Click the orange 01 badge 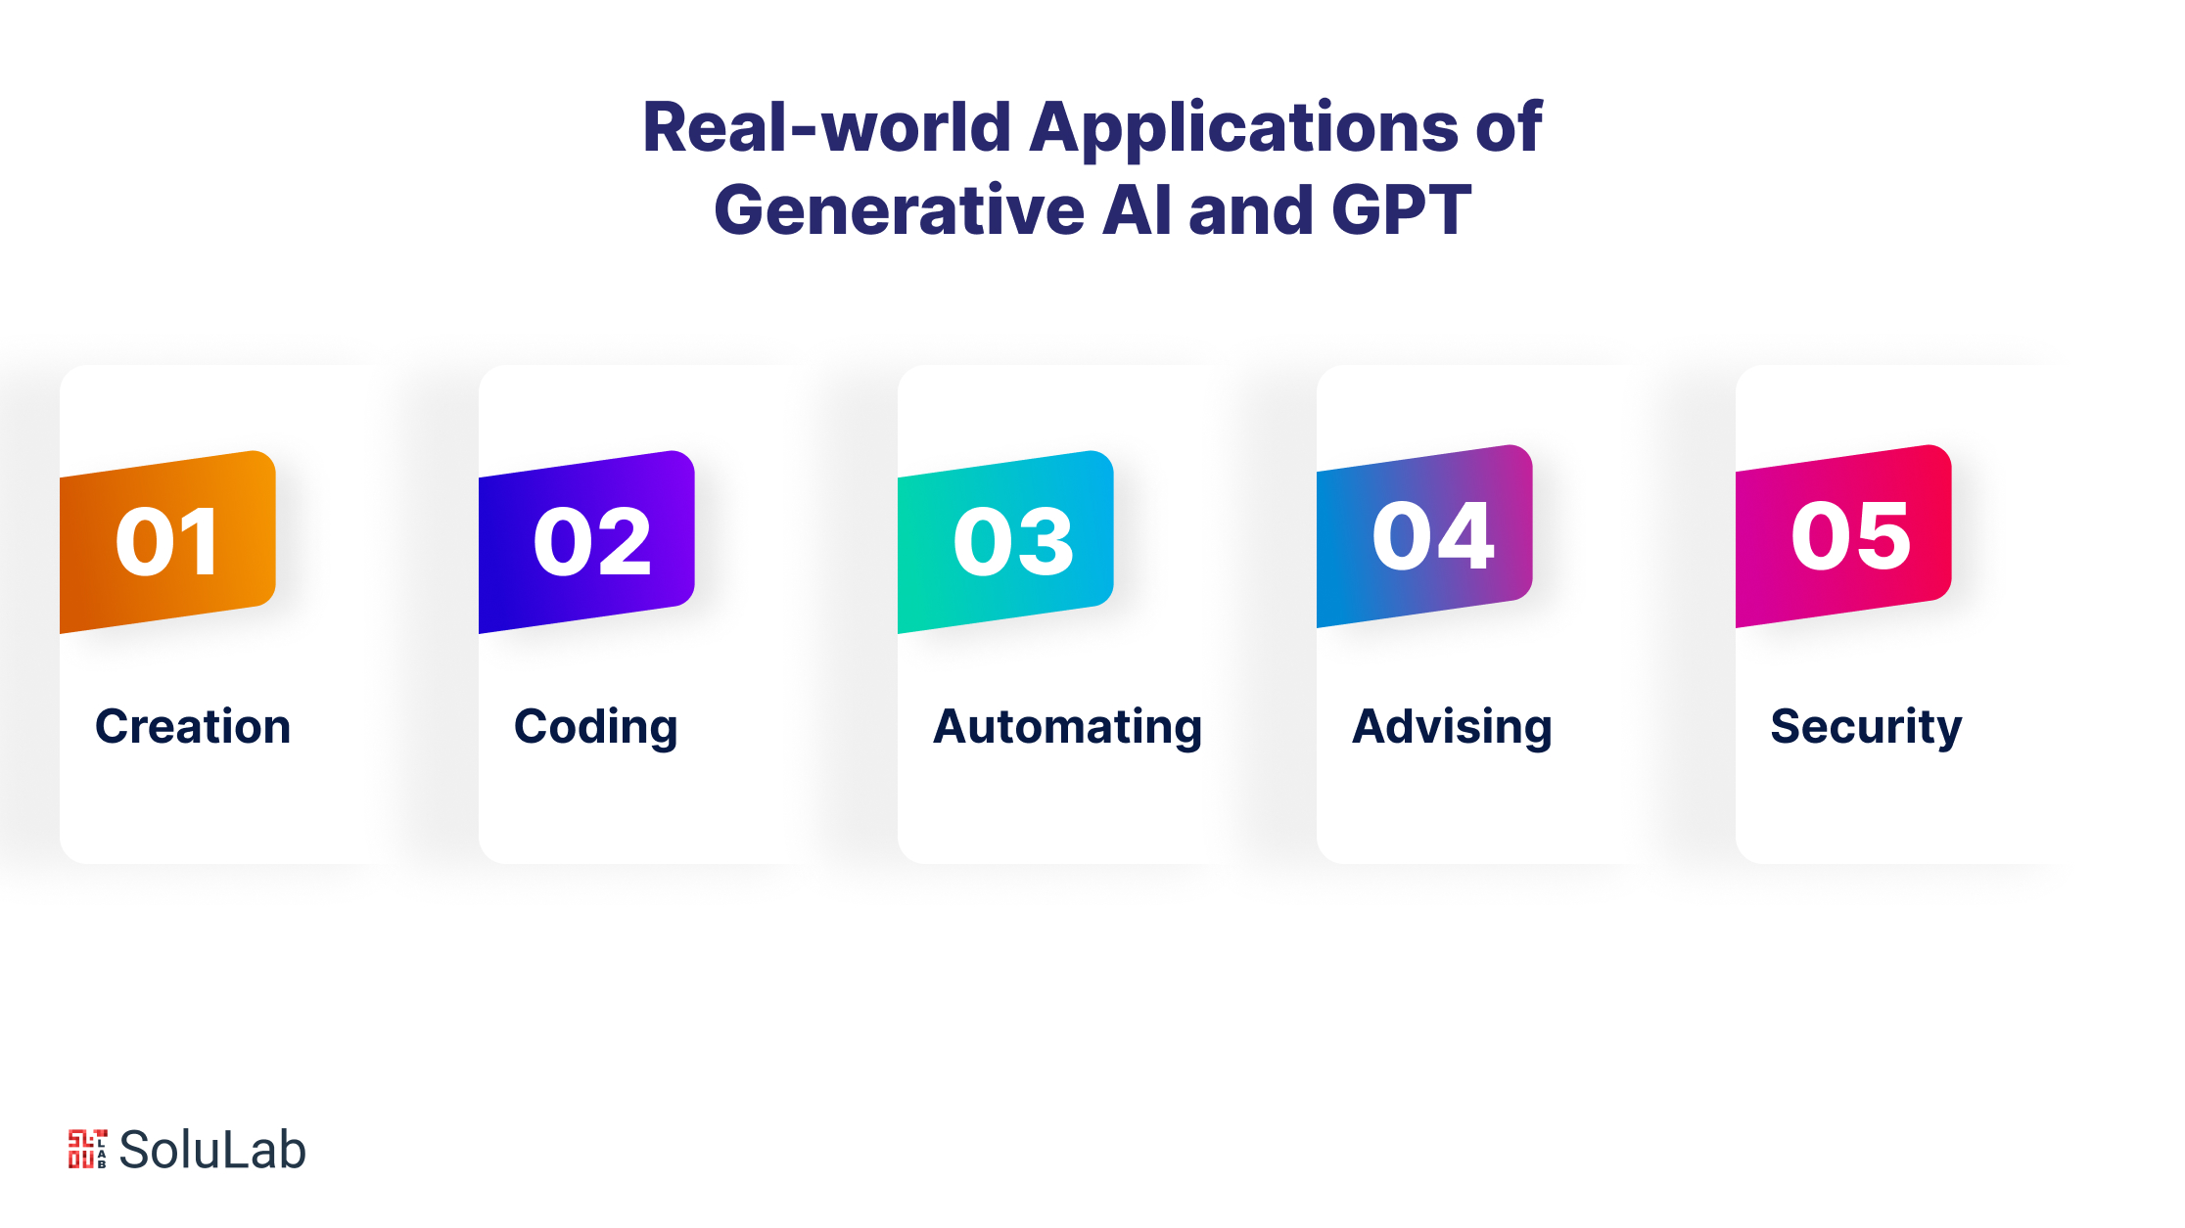pyautogui.click(x=167, y=542)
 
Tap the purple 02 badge pyautogui.click(x=586, y=542)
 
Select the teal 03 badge pyautogui.click(x=1005, y=542)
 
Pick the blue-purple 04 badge pyautogui.click(x=1424, y=536)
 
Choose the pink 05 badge pyautogui.click(x=1843, y=536)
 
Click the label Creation pyautogui.click(x=193, y=726)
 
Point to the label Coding pyautogui.click(x=595, y=728)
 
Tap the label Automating pyautogui.click(x=1067, y=728)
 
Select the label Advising pyautogui.click(x=1452, y=728)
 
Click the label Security pyautogui.click(x=1866, y=728)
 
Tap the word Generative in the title pyautogui.click(x=899, y=209)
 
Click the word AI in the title pyautogui.click(x=1136, y=209)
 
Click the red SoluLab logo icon pyautogui.click(x=87, y=1149)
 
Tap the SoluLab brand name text pyautogui.click(x=212, y=1150)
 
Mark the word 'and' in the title pyautogui.click(x=1251, y=209)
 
